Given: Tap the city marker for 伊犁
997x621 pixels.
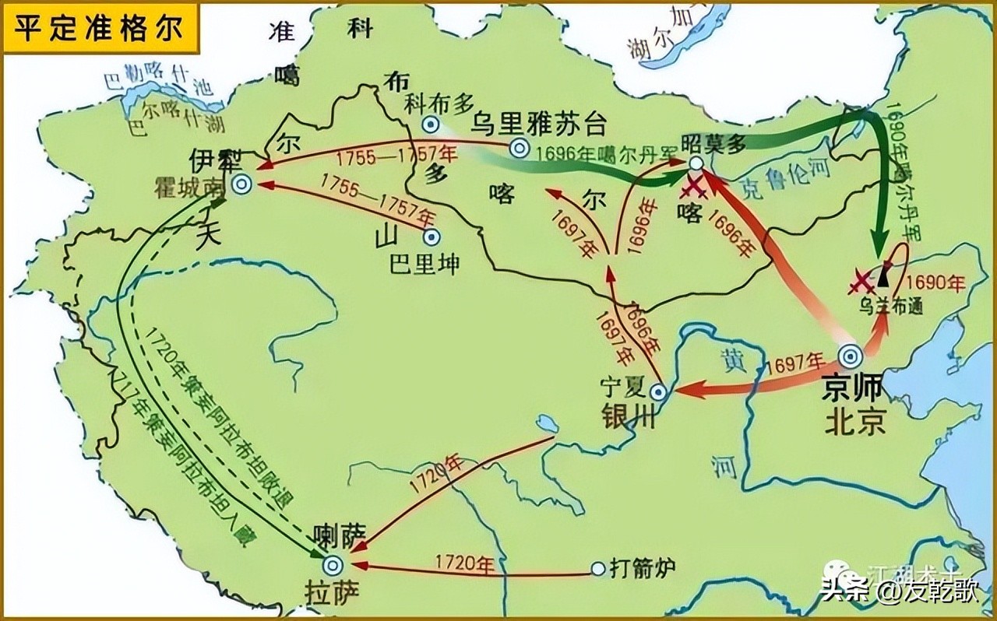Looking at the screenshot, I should [242, 184].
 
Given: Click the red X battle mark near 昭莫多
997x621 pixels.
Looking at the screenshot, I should [692, 188].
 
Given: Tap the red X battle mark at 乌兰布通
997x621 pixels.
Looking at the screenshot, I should [862, 282].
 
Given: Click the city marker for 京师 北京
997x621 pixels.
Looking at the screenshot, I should [850, 357].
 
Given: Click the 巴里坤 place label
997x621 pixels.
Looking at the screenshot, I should [425, 264].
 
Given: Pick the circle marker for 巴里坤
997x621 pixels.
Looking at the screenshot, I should [431, 237].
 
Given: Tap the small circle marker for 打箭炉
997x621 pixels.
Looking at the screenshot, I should [597, 570].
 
